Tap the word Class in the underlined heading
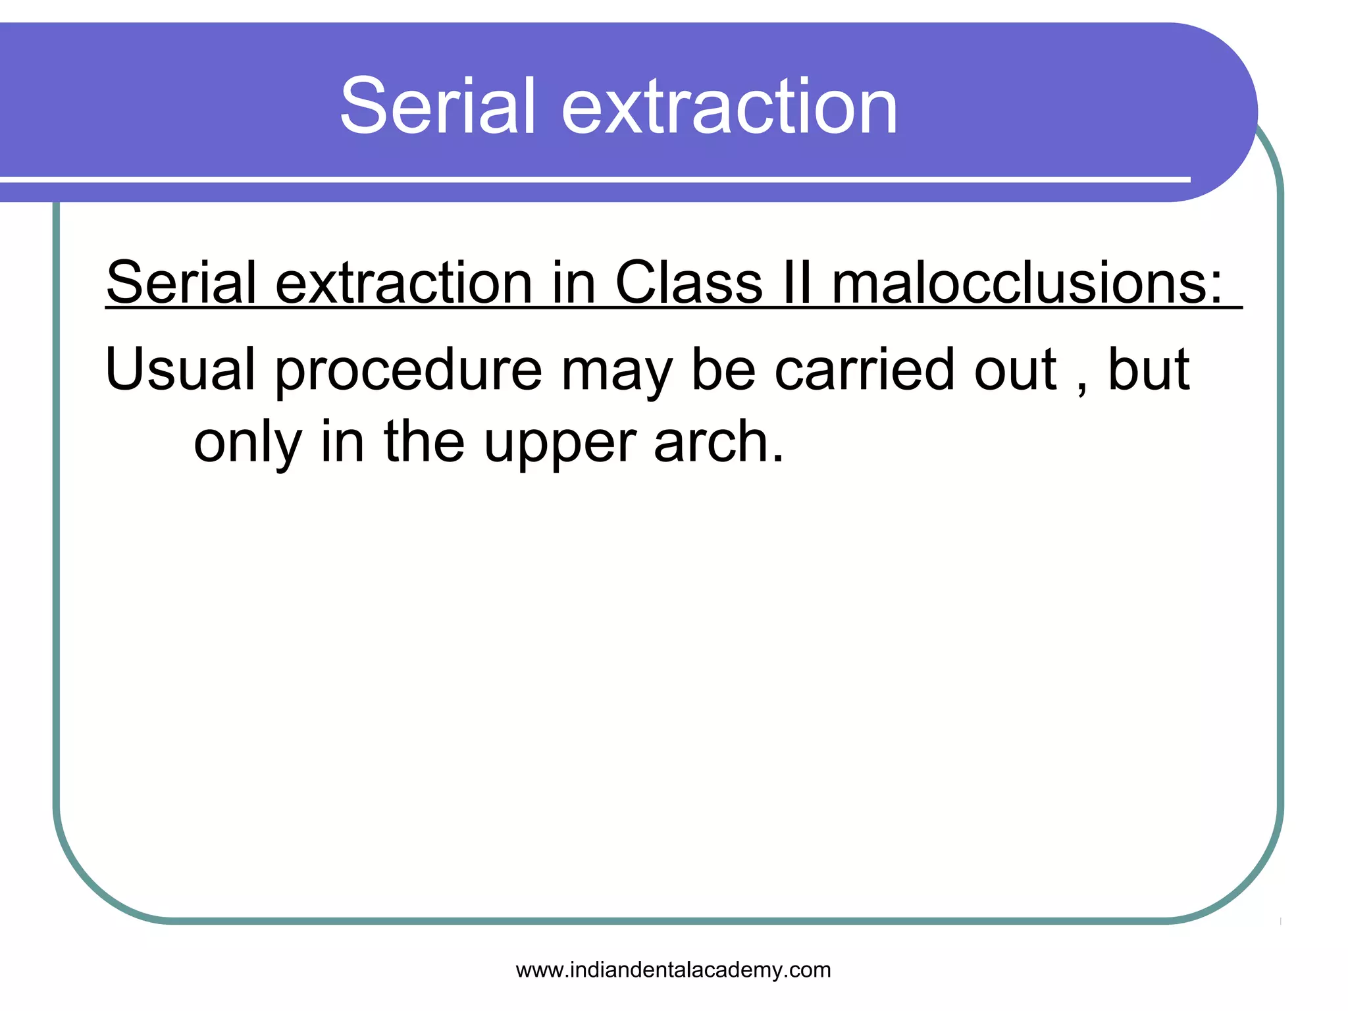click(x=688, y=283)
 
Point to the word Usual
click(x=180, y=370)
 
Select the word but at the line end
click(x=1149, y=370)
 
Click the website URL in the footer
click(x=673, y=970)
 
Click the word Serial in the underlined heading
click(x=180, y=283)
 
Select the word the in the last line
click(x=424, y=442)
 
